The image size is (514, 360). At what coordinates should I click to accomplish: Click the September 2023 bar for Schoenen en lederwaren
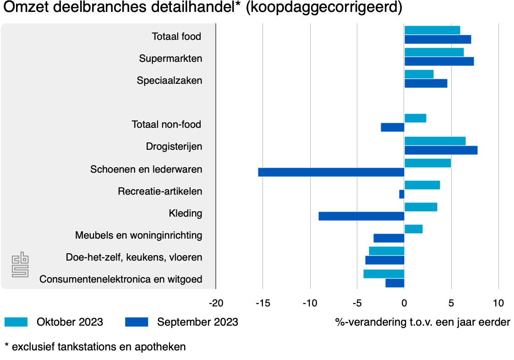click(x=331, y=172)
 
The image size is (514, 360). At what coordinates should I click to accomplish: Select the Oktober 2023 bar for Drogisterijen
click(x=435, y=141)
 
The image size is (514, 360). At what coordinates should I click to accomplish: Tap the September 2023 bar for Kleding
click(x=361, y=216)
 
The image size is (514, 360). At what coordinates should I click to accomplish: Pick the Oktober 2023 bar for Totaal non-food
click(x=415, y=118)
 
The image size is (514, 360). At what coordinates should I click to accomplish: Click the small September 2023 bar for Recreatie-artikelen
click(x=402, y=194)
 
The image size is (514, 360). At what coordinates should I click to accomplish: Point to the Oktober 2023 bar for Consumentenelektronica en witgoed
click(x=383, y=274)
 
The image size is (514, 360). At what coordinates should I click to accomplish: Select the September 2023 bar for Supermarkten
click(x=439, y=61)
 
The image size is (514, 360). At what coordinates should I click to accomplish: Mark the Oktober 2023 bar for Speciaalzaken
click(x=419, y=74)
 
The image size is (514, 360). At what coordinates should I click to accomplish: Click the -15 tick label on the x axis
click(x=263, y=303)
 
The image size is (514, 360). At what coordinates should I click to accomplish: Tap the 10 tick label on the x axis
click(x=498, y=303)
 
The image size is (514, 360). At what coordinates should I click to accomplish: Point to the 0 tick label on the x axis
click(x=404, y=303)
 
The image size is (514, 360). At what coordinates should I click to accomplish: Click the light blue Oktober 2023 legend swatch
click(x=16, y=322)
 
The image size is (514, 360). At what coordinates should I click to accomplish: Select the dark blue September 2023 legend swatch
click(x=137, y=322)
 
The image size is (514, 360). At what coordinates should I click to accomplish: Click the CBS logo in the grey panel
click(x=20, y=264)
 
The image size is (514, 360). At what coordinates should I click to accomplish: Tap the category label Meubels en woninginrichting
click(x=138, y=235)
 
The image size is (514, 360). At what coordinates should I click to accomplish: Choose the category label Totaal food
click(x=176, y=36)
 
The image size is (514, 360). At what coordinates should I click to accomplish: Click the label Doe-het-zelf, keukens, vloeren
click(x=134, y=257)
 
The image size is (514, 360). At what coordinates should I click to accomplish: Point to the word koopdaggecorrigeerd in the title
click(x=324, y=8)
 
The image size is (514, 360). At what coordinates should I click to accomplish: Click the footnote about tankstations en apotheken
click(x=95, y=347)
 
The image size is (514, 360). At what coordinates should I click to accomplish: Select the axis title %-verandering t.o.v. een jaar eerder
click(x=422, y=322)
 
